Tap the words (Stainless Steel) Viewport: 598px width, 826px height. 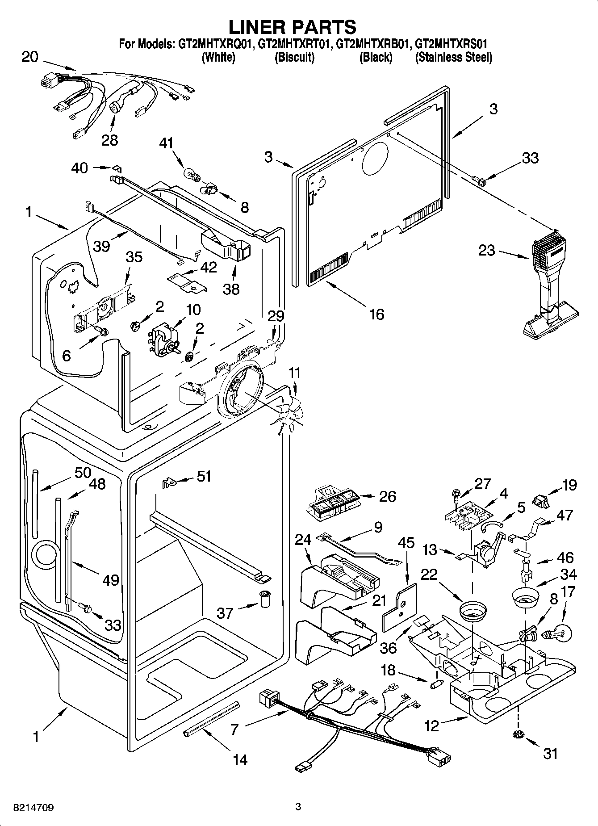tap(453, 57)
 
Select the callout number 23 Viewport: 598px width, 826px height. tap(487, 250)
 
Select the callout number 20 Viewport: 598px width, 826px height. tap(30, 57)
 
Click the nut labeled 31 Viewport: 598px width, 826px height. tap(518, 734)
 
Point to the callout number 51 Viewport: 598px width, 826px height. tap(204, 477)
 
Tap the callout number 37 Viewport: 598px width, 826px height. tap(225, 613)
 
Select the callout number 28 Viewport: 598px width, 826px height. tap(109, 140)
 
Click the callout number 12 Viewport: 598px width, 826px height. tap(431, 726)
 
